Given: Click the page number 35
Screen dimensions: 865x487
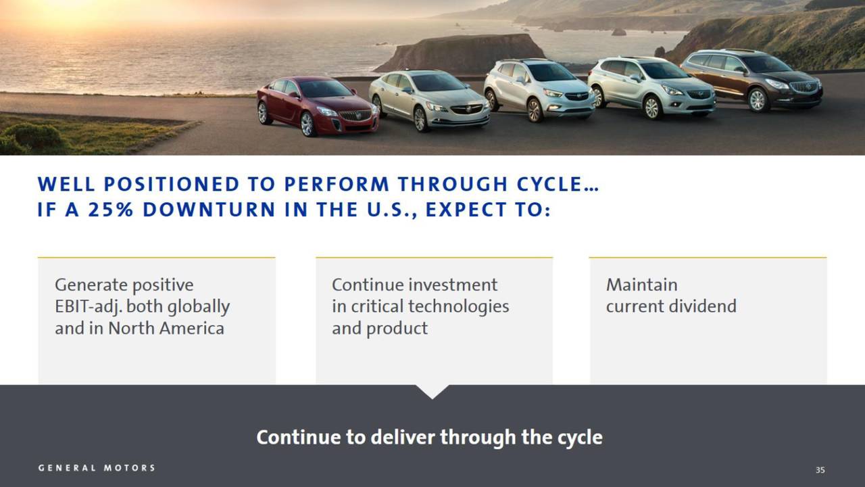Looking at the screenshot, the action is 820,469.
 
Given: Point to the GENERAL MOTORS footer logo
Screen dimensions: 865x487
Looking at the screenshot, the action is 97,467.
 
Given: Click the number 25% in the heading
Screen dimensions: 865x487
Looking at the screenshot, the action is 111,210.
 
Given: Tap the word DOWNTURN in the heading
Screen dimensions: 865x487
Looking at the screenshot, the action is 209,210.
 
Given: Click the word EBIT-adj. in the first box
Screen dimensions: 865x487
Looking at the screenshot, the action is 89,307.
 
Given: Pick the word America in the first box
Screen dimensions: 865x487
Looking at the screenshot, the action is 191,329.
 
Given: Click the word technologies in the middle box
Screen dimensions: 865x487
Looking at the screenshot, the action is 459,307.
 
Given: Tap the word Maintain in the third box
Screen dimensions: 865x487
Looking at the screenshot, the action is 642,285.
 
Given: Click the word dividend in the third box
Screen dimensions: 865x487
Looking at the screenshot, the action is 703,306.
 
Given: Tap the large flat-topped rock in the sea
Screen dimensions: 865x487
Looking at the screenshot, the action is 460,53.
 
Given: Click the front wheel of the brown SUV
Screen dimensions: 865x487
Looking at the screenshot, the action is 758,99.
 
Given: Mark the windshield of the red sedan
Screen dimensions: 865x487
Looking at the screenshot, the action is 325,89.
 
